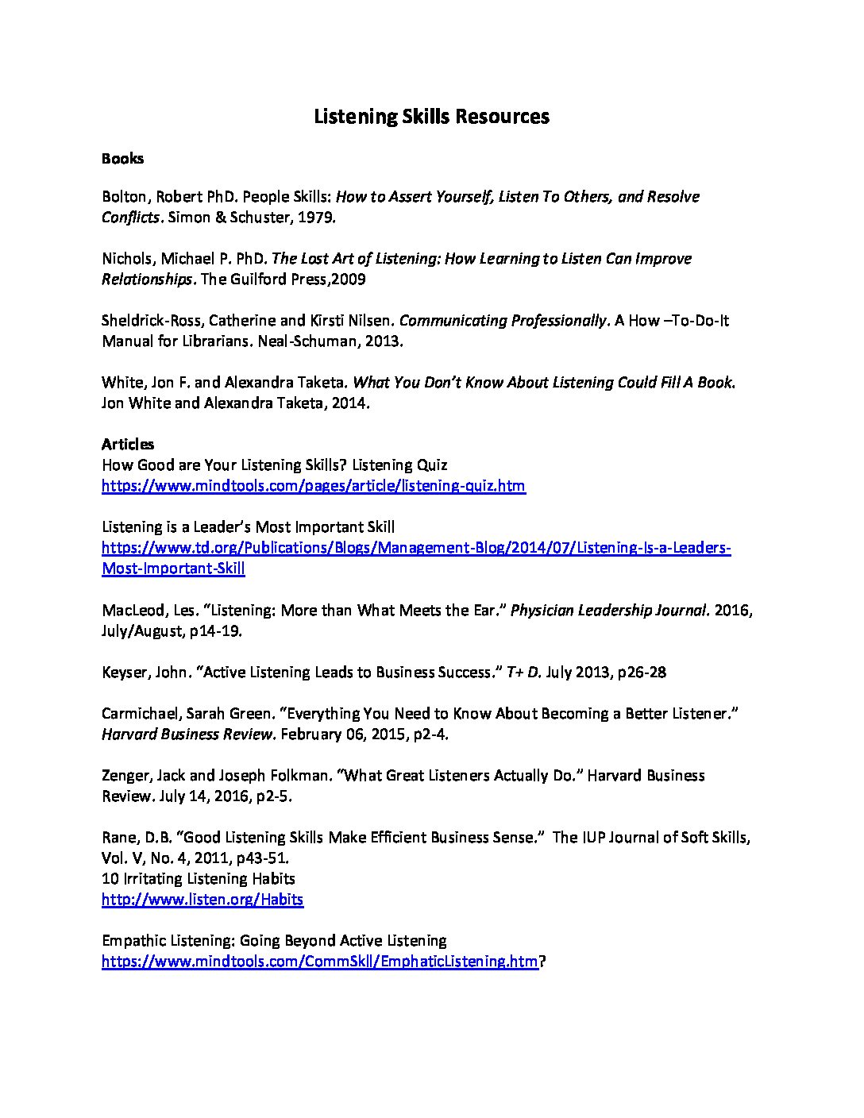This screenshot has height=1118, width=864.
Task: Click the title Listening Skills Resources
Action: click(431, 117)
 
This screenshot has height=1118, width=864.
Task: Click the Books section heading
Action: click(122, 158)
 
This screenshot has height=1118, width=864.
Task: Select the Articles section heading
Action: click(128, 444)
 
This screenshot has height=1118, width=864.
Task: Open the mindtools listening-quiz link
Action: click(313, 485)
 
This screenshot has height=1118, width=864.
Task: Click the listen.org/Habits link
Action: click(202, 899)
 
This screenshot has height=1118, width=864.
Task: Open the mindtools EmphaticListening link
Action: click(319, 961)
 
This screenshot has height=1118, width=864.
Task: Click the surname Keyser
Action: click(123, 672)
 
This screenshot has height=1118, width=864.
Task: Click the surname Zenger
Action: click(124, 775)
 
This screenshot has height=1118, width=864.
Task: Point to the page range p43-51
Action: click(260, 858)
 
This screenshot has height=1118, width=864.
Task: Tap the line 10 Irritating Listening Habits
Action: click(199, 878)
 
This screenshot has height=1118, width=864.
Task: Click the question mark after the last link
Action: click(543, 961)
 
